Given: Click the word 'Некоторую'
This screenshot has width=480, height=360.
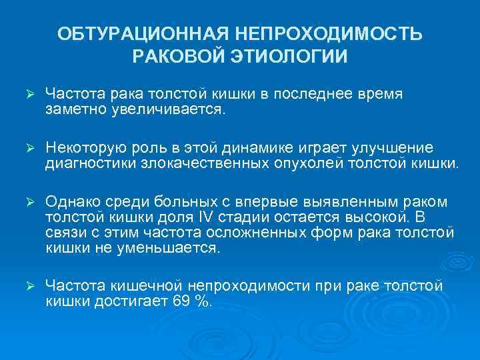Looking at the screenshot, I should (x=84, y=147).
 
